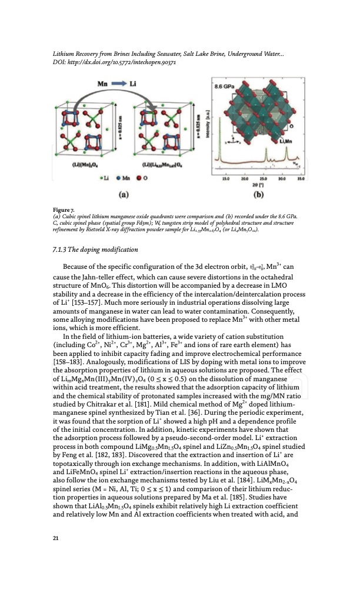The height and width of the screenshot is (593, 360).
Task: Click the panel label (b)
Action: pyautogui.click(x=258, y=192)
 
